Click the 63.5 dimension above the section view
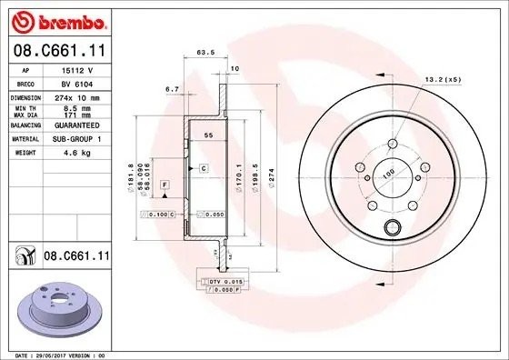point(205,53)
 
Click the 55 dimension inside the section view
point(207,135)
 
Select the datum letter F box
point(165,185)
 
